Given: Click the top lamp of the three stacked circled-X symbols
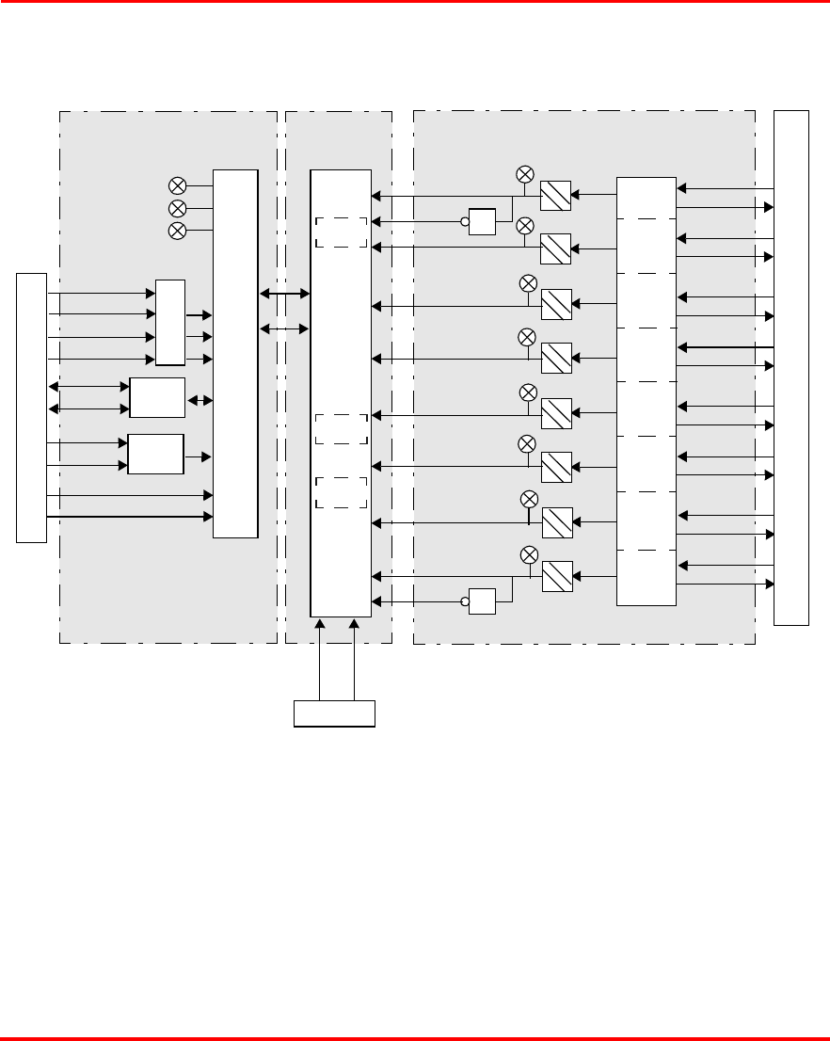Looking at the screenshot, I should click(x=176, y=185).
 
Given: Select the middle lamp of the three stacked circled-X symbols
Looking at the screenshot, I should click(x=176, y=208).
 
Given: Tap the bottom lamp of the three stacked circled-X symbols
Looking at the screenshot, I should click(x=176, y=232).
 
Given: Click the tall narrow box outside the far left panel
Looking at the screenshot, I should click(x=31, y=408).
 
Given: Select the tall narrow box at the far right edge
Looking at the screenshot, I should click(x=790, y=367).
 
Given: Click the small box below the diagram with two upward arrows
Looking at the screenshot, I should click(x=335, y=713).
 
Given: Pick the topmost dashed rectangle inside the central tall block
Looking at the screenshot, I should click(x=341, y=232).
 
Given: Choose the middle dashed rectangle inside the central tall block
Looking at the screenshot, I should click(x=341, y=429).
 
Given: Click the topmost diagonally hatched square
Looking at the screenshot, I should click(x=557, y=195).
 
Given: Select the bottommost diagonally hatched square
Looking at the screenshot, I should click(x=557, y=576).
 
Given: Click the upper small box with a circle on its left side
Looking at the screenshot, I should click(x=482, y=222).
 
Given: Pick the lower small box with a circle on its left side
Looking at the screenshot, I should click(x=482, y=601).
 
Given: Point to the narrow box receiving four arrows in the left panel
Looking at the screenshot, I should click(x=170, y=322).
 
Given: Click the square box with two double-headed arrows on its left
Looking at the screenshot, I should click(x=157, y=398).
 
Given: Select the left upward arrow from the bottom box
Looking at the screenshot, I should click(x=320, y=659).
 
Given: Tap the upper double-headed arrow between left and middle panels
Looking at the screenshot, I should click(x=284, y=295).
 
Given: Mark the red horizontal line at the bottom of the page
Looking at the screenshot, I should click(x=415, y=1038).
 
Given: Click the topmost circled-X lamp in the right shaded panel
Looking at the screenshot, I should click(x=526, y=173).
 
